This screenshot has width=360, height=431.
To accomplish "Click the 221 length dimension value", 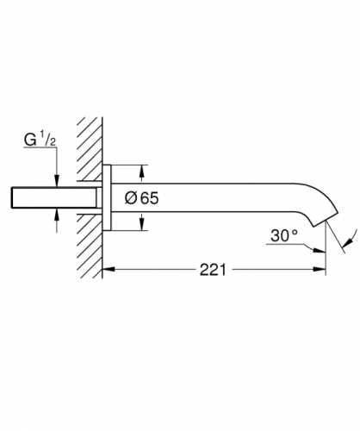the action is (213, 270).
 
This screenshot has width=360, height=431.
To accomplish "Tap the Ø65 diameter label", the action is (141, 198).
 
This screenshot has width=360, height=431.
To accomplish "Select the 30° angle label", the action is (284, 235).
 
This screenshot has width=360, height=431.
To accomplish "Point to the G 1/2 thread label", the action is (40, 140).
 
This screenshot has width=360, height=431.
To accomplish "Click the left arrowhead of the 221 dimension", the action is (109, 269).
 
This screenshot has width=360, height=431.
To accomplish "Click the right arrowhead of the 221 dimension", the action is (320, 269).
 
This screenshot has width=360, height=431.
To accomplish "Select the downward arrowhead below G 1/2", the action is (57, 181).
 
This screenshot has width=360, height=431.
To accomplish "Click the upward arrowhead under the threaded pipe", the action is (57, 215).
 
